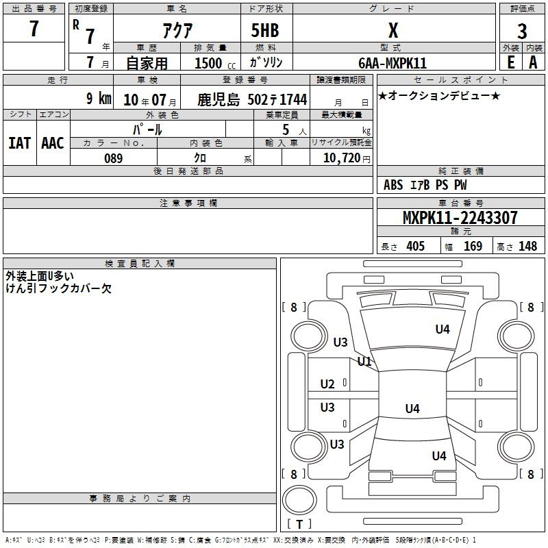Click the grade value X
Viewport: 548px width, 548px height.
point(393,30)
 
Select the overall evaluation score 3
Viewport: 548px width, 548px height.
point(522,31)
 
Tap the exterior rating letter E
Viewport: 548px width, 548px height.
point(511,62)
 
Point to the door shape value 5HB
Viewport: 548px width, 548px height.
point(265,30)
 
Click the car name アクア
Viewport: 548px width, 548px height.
point(177,30)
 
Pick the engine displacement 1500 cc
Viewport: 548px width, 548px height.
point(215,63)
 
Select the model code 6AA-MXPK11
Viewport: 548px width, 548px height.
point(393,63)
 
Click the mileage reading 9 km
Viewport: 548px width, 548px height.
point(99,98)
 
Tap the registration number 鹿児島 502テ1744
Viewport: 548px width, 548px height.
point(252,99)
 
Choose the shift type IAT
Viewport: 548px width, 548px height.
point(19,143)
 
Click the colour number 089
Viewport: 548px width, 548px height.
point(113,158)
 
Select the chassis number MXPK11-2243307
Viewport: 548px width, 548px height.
point(460,217)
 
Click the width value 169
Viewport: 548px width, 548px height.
point(473,246)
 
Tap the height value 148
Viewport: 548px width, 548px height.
point(527,246)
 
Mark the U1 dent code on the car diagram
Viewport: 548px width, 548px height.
point(364,362)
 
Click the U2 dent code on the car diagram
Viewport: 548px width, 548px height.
point(327,384)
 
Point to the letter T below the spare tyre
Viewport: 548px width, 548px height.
point(299,524)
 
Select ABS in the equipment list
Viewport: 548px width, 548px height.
point(393,185)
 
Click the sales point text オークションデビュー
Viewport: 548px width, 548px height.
point(439,95)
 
